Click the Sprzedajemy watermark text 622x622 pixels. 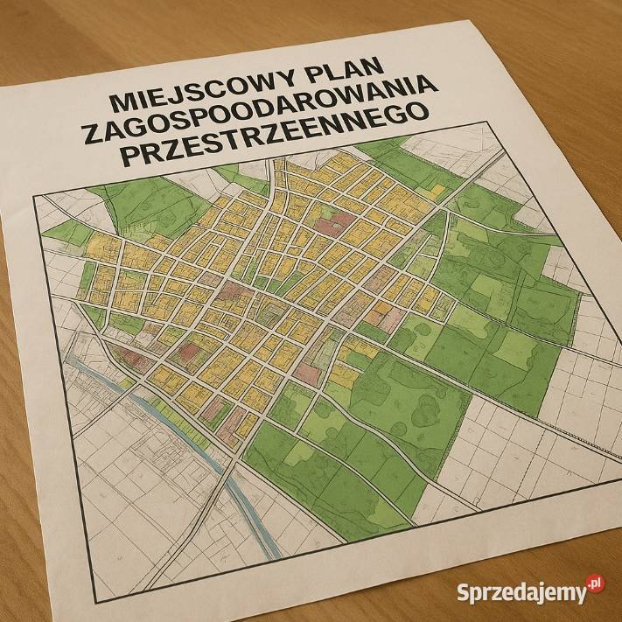(x=521, y=591)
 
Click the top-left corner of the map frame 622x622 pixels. (x=34, y=197)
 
